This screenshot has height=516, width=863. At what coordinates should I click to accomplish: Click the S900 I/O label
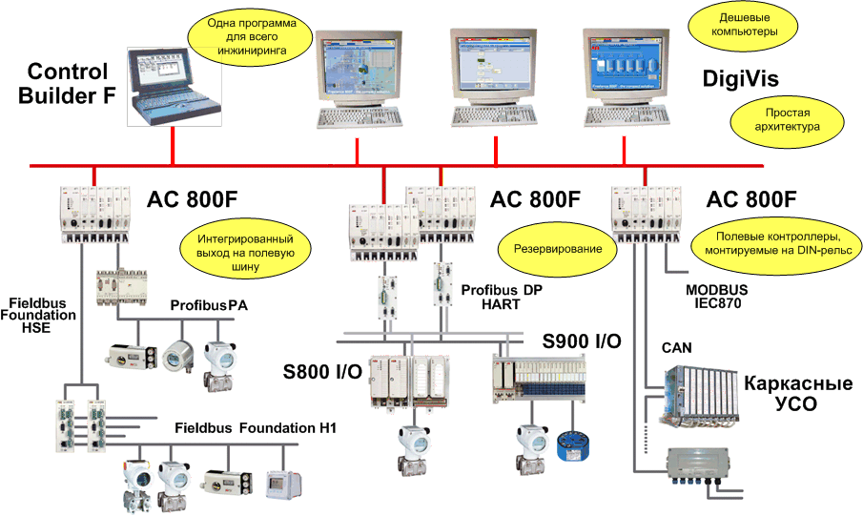click(582, 341)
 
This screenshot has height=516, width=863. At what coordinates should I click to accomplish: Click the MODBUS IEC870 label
click(717, 296)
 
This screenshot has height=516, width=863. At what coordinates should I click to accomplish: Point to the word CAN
click(677, 347)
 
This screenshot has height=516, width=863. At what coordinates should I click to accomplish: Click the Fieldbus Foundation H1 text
click(255, 428)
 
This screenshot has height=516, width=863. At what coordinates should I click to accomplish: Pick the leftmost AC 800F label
click(192, 200)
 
